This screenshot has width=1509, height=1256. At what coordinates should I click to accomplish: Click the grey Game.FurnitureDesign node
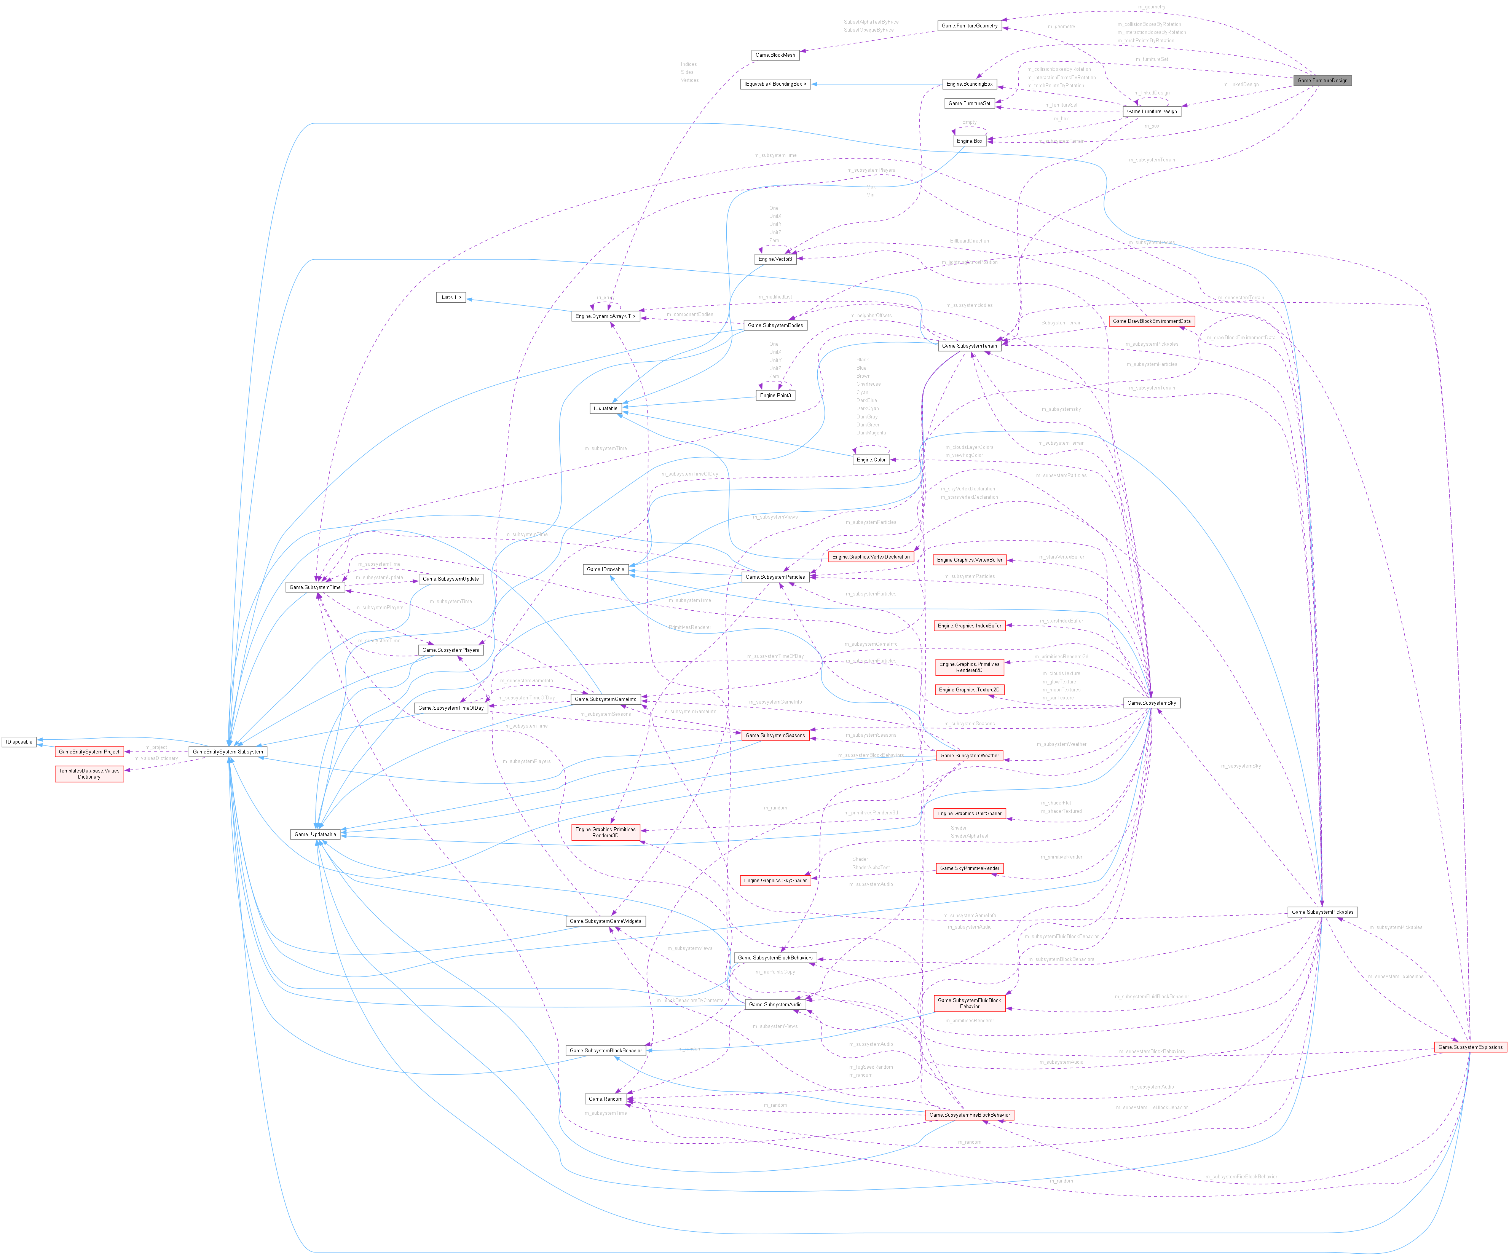pos(1322,80)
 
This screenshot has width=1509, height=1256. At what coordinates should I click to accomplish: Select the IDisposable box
pos(19,742)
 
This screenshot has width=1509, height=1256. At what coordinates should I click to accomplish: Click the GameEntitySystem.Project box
pos(89,752)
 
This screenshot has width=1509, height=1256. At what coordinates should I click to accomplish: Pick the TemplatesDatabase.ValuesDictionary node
pos(89,774)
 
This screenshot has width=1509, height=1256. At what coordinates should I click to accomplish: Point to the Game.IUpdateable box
pos(315,834)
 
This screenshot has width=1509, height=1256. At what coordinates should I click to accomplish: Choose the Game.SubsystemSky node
pos(1151,703)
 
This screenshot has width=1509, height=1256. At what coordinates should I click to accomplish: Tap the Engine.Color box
pos(871,460)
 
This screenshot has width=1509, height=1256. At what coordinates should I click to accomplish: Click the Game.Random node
pos(605,1099)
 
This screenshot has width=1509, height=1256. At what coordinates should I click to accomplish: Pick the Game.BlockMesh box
pos(775,55)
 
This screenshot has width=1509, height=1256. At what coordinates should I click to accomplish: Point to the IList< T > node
pos(451,297)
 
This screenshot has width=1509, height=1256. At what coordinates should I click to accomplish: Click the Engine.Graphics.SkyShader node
pos(775,880)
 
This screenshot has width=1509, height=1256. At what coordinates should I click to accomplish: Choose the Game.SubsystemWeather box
pos(969,755)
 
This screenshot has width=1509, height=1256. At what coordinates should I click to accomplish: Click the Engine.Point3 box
pos(775,395)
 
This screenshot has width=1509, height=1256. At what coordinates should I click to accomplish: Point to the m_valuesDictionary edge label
pos(156,758)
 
